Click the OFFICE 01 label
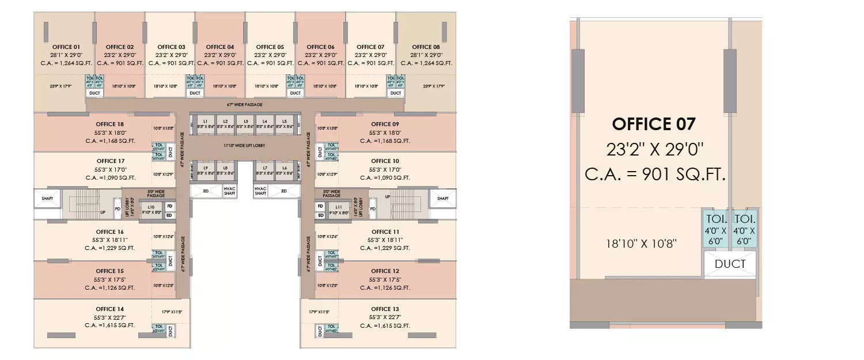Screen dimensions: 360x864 (x=66, y=47)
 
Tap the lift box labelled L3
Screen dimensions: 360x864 (x=245, y=123)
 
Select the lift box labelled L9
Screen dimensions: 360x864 (x=206, y=170)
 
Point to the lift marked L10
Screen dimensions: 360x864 (x=151, y=209)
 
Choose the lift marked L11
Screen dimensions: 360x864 (x=338, y=209)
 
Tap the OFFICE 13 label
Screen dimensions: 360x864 (x=385, y=309)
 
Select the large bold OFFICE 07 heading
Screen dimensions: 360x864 (x=654, y=124)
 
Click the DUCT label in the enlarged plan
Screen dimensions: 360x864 (x=730, y=264)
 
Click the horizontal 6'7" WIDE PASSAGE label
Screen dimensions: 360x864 (x=245, y=105)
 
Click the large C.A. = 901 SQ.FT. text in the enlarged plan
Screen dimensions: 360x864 (x=655, y=173)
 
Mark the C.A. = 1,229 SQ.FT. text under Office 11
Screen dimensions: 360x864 (x=385, y=248)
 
